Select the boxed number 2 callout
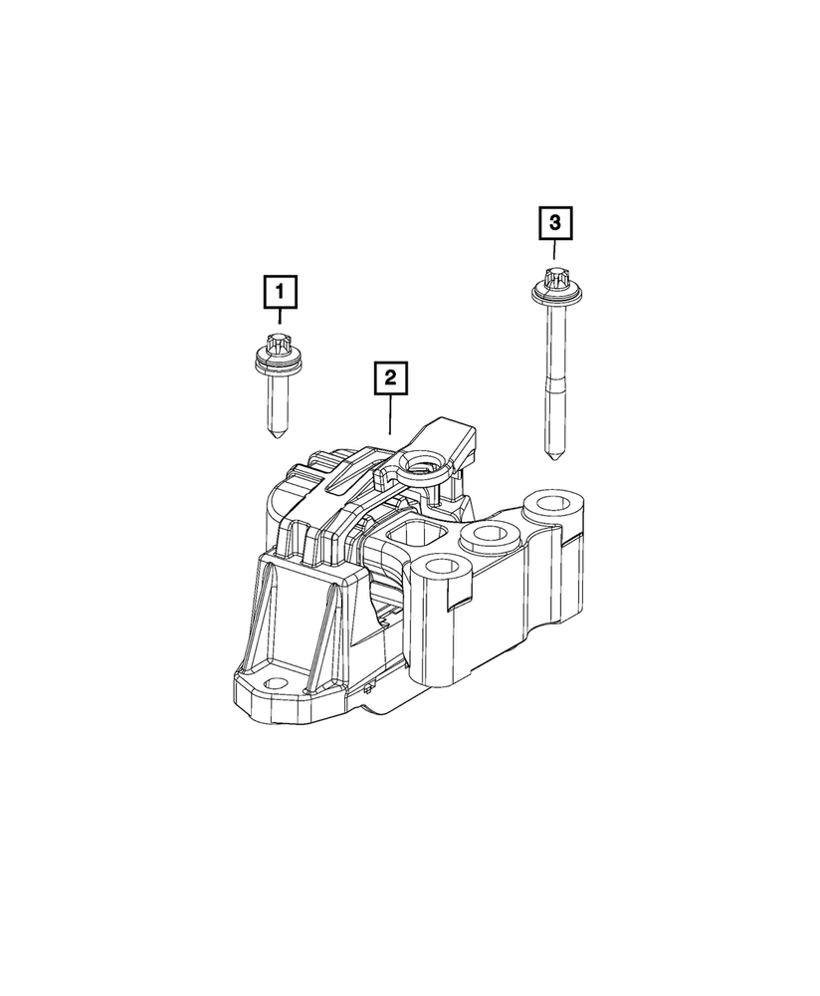click(390, 377)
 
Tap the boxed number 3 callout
click(555, 223)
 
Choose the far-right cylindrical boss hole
click(550, 500)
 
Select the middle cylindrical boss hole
click(489, 535)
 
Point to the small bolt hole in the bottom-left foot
click(271, 686)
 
